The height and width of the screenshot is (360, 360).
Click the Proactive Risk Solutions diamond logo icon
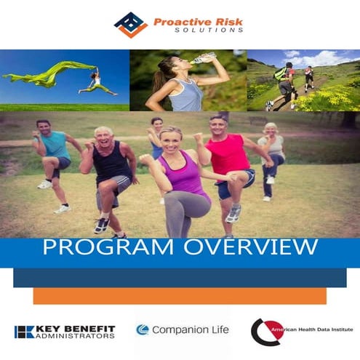(x=131, y=24)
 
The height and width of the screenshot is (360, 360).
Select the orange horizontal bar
(x=180, y=296)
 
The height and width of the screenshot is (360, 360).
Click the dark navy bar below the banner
(x=180, y=277)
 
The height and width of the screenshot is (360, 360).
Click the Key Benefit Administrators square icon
(x=24, y=332)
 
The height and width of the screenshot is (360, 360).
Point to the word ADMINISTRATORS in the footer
(x=76, y=336)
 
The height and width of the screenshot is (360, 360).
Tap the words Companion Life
(x=190, y=330)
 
